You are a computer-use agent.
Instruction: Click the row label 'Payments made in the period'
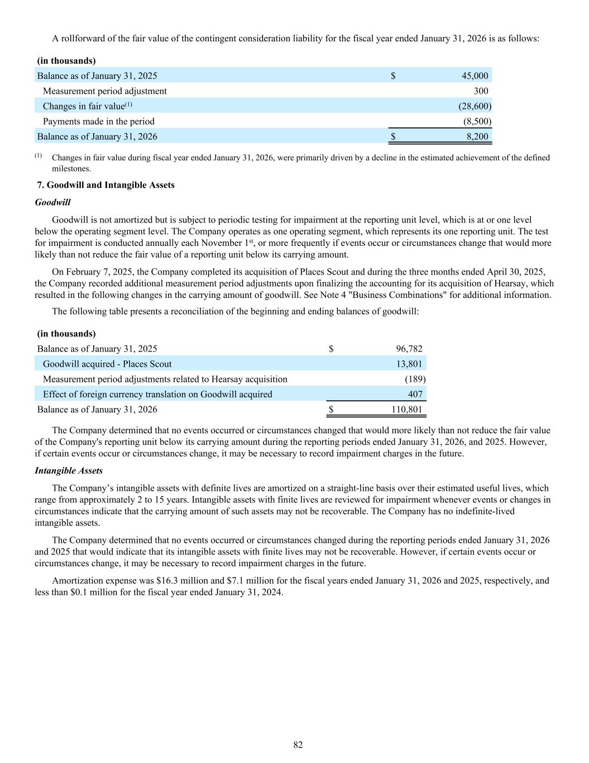click(98, 121)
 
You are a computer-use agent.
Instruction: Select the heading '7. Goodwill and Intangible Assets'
click(106, 185)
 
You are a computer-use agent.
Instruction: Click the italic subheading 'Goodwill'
click(52, 202)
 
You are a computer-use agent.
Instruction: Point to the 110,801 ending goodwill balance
click(407, 409)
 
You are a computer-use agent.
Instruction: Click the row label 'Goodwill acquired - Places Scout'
click(107, 364)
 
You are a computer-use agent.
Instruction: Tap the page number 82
click(298, 745)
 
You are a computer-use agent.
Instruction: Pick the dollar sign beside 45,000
click(393, 75)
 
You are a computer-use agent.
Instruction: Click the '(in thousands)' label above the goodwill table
click(66, 334)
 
